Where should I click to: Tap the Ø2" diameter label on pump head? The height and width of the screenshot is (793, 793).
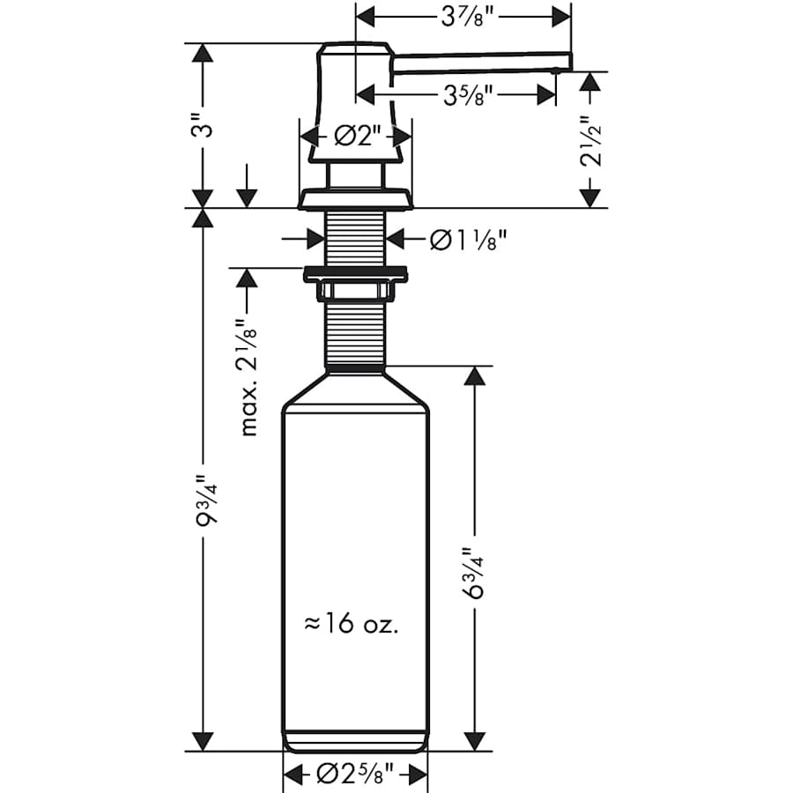(356, 137)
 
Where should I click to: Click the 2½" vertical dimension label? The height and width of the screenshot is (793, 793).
(591, 140)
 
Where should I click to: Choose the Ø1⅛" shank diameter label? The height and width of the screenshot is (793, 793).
(468, 238)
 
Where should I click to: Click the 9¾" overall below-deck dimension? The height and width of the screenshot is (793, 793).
(204, 502)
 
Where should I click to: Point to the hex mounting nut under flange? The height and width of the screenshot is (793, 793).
(355, 292)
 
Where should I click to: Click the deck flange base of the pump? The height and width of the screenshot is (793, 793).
(355, 199)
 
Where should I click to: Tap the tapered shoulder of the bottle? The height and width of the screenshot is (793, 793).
(355, 388)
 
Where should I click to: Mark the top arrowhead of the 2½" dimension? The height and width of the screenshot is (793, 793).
(591, 80)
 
